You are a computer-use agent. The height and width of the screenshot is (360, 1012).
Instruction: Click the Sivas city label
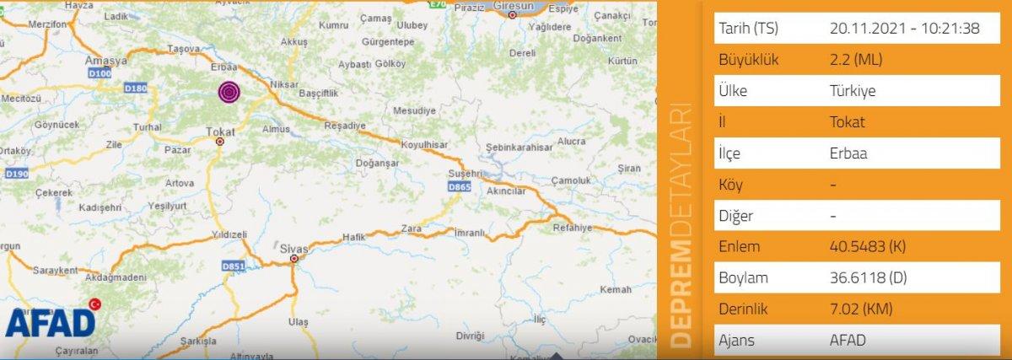coord(294,249)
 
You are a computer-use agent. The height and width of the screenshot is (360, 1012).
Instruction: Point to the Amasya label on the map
coord(105,61)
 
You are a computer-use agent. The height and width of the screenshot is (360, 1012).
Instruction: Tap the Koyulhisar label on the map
coord(423,145)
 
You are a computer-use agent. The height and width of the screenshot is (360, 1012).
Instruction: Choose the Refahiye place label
coord(573,228)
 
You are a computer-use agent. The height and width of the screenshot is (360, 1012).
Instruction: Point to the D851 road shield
coord(233,266)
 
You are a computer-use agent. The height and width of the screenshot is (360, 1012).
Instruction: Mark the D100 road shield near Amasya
coord(100,75)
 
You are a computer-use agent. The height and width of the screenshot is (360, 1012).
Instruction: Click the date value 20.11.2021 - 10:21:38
coord(904,29)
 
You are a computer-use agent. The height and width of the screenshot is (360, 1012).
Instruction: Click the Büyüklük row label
coord(748,60)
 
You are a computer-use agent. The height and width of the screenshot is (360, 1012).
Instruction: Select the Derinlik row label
coord(744,309)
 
